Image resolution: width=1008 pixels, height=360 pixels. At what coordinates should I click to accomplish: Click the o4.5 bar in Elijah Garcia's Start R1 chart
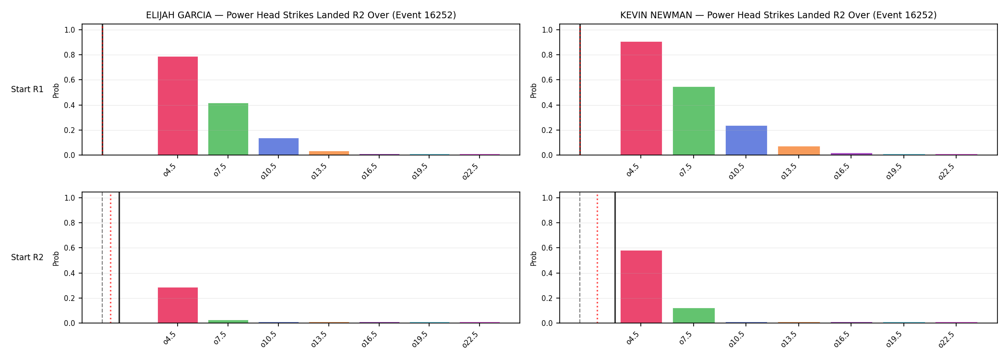178,106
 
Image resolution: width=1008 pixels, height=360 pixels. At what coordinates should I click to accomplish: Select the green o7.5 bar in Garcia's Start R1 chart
228,129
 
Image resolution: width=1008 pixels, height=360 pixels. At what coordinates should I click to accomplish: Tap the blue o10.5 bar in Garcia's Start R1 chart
278,146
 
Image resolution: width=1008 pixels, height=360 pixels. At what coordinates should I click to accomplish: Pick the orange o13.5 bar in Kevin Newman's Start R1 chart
799,151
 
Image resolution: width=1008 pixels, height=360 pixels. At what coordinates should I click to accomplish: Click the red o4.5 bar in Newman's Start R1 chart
641,98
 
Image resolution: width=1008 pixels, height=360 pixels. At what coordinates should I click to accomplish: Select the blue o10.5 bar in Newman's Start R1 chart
746,140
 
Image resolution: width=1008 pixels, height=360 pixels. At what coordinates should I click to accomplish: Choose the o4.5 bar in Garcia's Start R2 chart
178,305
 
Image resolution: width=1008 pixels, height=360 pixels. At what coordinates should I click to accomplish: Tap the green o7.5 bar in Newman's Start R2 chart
694,315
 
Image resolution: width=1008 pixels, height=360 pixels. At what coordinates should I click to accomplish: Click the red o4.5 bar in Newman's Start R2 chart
641,287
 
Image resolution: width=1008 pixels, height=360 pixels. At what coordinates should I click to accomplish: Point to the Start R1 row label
27,90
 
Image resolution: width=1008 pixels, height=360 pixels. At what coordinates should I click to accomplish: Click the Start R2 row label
27,258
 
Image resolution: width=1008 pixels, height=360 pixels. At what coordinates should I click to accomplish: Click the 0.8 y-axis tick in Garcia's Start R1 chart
70,55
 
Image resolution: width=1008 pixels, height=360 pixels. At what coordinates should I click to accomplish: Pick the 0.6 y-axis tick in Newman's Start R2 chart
547,248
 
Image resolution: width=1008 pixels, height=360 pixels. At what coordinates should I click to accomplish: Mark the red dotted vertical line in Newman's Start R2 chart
597,258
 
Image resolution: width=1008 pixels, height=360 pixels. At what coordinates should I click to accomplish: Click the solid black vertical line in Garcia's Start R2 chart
119,258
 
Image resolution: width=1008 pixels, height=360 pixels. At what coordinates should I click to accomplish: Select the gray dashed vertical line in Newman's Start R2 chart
580,258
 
